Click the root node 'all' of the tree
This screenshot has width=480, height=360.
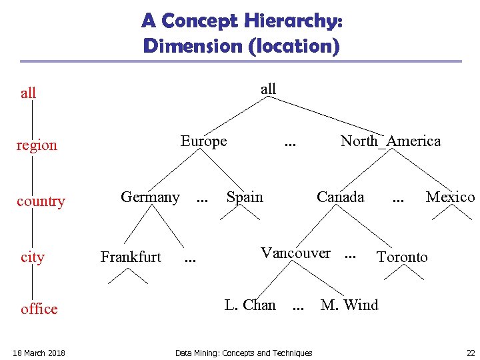[x=268, y=89]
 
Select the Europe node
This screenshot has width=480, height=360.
[x=204, y=141]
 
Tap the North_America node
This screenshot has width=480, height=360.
[x=391, y=141]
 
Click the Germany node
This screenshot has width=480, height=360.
[x=150, y=197]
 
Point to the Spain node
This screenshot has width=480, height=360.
[x=245, y=197]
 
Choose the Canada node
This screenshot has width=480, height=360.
[x=341, y=197]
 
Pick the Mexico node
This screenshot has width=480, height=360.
[x=450, y=197]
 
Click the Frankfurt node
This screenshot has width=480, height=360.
[x=131, y=257]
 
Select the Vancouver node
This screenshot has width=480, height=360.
[x=295, y=253]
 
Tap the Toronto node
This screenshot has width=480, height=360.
[x=402, y=257]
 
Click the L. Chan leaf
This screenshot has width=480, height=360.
[x=250, y=305]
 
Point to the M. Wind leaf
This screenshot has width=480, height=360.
[x=349, y=305]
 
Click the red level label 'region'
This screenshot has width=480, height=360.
[x=37, y=145]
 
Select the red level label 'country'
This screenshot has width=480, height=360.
[x=41, y=201]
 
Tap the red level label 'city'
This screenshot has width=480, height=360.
[x=33, y=257]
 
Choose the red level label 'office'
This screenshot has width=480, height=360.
[x=39, y=309]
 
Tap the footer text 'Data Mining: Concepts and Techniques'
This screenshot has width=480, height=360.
[x=243, y=353]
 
